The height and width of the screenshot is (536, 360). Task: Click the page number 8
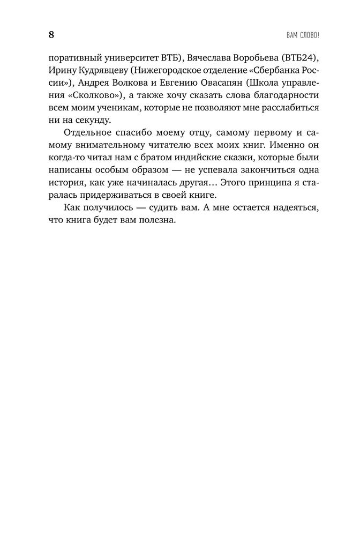click(51, 35)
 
